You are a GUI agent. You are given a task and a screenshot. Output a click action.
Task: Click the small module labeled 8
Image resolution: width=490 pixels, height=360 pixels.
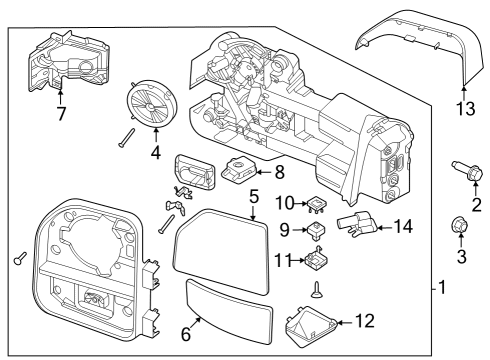pos(240,170)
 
